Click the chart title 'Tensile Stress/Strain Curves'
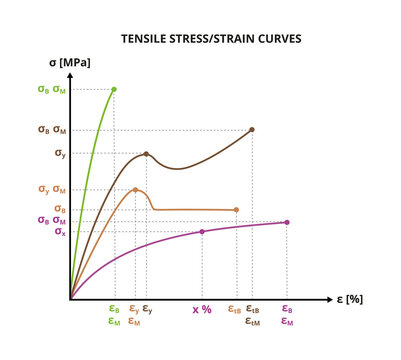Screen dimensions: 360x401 (209, 39)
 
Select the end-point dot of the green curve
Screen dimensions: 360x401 (114, 89)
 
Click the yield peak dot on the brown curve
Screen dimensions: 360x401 (147, 154)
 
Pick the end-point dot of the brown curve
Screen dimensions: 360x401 (251, 129)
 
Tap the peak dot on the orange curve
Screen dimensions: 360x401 (135, 189)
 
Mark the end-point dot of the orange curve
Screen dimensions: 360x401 (236, 210)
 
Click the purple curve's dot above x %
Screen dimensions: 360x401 (202, 232)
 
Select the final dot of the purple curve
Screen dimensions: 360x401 (287, 222)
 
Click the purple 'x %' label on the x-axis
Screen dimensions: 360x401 (202, 310)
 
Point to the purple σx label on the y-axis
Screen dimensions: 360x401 (60, 232)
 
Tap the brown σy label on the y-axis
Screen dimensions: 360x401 (60, 154)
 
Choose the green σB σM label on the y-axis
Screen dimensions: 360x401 (52, 89)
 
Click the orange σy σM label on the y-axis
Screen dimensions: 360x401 (52, 189)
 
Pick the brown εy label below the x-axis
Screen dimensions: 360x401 (148, 310)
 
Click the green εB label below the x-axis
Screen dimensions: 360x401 (114, 310)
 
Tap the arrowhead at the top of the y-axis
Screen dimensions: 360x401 (70, 77)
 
